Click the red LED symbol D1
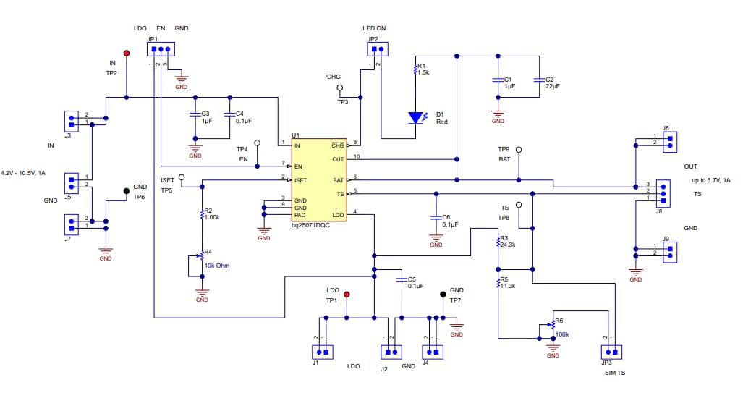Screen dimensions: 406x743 point(415,117)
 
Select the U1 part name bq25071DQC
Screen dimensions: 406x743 point(315,225)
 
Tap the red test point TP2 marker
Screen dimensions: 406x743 point(127,54)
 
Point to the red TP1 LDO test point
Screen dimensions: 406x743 point(347,295)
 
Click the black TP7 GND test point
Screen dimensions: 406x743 point(443,295)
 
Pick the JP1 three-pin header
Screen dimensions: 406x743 point(160,50)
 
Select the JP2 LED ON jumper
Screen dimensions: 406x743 point(376,50)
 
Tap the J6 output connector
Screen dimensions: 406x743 point(670,140)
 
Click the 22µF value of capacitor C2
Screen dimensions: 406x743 point(553,86)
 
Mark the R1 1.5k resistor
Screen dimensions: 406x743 point(415,70)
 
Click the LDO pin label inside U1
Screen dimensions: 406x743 point(338,215)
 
